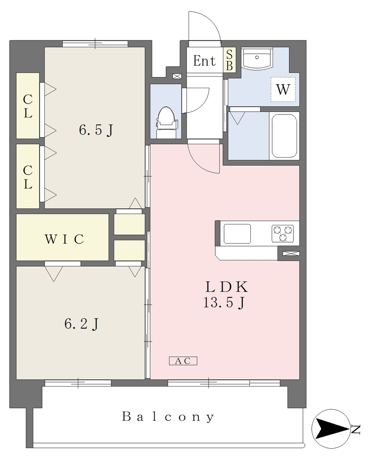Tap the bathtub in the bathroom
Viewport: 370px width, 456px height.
(x=284, y=135)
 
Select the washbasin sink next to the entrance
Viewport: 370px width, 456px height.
(x=257, y=58)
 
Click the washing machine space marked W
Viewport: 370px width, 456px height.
(x=283, y=89)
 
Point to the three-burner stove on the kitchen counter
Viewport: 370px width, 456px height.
(x=282, y=233)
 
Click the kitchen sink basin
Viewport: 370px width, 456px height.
(x=237, y=233)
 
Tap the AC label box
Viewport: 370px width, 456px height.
(x=183, y=361)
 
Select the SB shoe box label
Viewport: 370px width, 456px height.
(x=229, y=60)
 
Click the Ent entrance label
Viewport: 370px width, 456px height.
(x=205, y=61)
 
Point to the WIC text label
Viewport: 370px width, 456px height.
(x=64, y=239)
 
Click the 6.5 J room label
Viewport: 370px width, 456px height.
(x=96, y=130)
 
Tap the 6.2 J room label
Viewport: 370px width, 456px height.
(x=82, y=324)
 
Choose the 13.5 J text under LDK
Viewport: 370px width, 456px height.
(x=224, y=303)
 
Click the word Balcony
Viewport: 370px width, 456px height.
(x=168, y=417)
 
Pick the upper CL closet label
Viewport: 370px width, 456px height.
(x=28, y=106)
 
